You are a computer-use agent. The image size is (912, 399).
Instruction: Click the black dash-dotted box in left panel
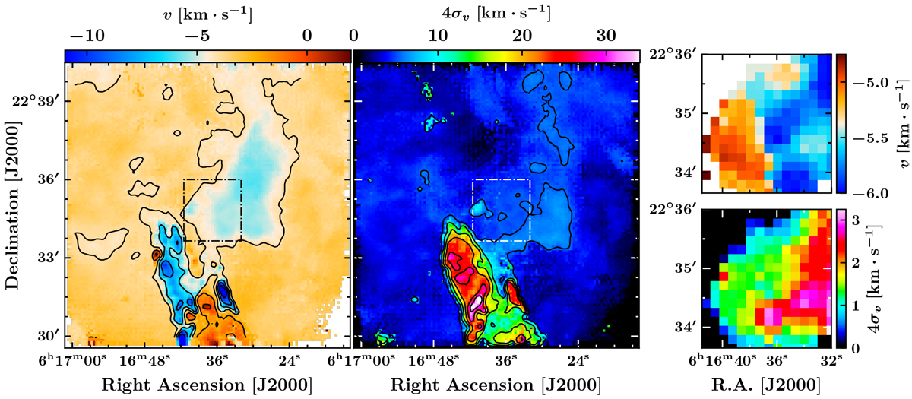[x=212, y=180]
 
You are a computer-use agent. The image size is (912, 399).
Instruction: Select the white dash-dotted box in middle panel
[x=501, y=180]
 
